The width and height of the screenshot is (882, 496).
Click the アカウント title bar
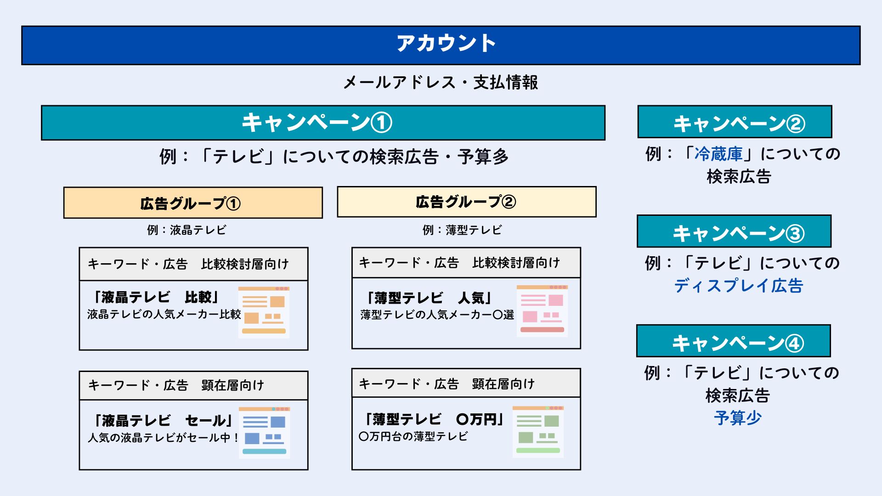tap(441, 45)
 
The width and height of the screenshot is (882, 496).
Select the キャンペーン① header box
tap(323, 123)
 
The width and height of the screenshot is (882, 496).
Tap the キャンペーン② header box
tap(735, 122)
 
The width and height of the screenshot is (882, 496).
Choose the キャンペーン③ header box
tap(734, 231)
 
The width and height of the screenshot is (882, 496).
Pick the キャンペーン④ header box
tap(733, 341)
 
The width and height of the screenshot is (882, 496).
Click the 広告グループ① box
tap(193, 203)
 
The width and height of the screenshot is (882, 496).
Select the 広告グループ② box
tap(466, 202)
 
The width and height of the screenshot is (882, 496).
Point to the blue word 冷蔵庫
tap(718, 154)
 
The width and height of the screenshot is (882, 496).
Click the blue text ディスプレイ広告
tap(738, 286)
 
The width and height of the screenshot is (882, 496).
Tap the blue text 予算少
tap(738, 418)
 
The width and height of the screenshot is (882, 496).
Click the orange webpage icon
tap(264, 312)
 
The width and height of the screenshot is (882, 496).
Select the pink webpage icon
tap(542, 311)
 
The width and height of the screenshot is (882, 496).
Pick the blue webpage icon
tap(264, 432)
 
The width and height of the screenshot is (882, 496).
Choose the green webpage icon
tap(538, 431)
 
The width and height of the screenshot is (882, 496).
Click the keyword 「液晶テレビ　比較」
tap(156, 297)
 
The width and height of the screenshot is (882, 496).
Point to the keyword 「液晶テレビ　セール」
tap(163, 420)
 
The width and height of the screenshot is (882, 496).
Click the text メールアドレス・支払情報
tap(441, 83)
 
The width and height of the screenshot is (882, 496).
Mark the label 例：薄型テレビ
tap(462, 230)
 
